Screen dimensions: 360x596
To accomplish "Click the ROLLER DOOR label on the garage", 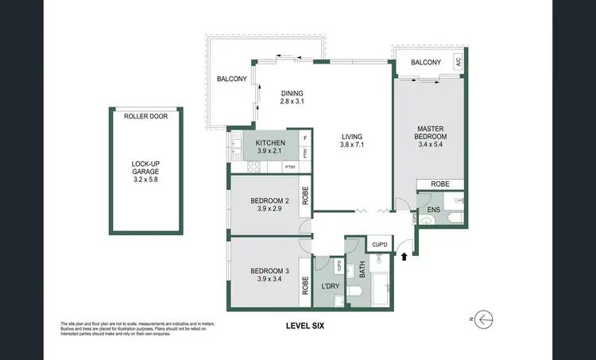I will (145, 116).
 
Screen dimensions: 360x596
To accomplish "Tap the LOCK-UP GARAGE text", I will (145, 169).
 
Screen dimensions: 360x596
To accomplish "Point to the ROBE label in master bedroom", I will (439, 184).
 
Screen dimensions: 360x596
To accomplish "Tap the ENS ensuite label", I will (433, 210).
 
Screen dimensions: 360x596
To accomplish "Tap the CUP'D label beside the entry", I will (380, 244).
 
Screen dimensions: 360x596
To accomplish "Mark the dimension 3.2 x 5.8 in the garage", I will (145, 180).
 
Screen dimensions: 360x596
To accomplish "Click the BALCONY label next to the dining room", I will (232, 79).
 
